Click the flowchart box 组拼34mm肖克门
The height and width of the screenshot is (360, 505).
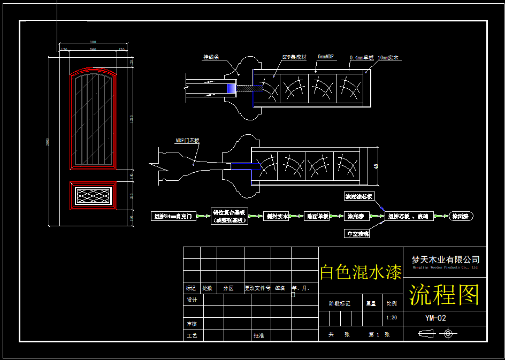[174, 217]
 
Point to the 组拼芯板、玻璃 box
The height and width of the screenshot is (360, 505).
[409, 217]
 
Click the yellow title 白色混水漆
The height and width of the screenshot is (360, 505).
[361, 272]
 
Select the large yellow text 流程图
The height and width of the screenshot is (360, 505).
[444, 295]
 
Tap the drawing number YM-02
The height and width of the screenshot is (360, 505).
[435, 318]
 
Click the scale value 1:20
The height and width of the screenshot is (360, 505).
[391, 318]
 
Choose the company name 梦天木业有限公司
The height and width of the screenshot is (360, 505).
[445, 259]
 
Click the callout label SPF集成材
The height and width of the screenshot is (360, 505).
[295, 57]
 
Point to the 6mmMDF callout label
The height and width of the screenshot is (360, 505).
[326, 56]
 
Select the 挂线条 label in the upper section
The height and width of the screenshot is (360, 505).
[211, 57]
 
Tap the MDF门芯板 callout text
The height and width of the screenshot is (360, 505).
[187, 141]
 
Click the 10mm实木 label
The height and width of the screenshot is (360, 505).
[389, 57]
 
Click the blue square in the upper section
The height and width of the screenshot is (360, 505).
[232, 89]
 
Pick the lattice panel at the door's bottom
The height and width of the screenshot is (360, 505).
[93, 196]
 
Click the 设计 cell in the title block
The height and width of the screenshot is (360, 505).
[192, 300]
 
